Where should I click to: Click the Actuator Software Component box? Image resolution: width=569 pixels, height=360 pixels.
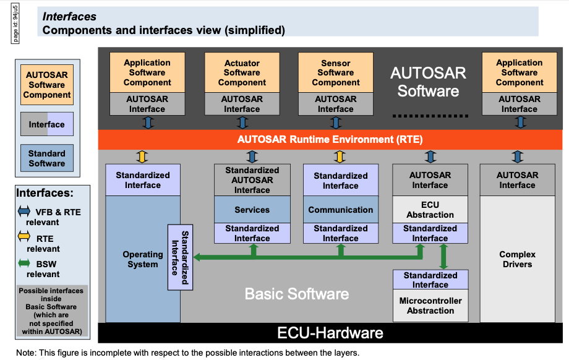click(242, 72)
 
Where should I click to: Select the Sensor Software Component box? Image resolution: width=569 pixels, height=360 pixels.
click(336, 72)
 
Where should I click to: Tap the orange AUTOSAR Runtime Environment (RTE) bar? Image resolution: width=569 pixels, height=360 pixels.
click(330, 140)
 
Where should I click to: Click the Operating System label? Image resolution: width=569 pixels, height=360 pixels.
click(143, 259)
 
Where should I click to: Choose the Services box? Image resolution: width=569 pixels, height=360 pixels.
click(252, 210)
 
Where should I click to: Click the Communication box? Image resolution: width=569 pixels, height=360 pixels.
click(340, 210)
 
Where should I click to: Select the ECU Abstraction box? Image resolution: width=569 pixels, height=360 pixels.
click(430, 210)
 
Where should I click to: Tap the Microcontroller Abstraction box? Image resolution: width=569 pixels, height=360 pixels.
click(430, 306)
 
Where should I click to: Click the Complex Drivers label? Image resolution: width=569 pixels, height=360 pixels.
click(517, 259)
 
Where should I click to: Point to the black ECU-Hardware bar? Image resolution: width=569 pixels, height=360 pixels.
click(330, 333)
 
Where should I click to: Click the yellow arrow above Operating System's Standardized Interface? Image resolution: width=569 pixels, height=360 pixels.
click(142, 156)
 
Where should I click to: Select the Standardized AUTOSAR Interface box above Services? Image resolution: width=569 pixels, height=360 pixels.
click(252, 180)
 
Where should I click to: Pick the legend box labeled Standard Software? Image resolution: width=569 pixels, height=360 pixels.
click(46, 158)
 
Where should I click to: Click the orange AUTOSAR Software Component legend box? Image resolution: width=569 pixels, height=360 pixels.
click(47, 85)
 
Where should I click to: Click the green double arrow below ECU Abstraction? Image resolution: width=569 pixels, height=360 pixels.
click(443, 255)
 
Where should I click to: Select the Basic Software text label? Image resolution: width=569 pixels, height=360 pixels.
click(297, 294)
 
